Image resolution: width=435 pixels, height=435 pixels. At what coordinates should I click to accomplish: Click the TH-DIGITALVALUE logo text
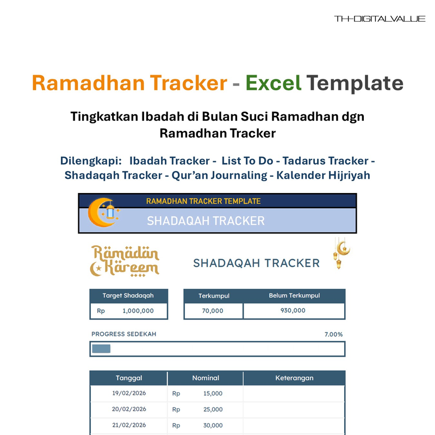(380, 19)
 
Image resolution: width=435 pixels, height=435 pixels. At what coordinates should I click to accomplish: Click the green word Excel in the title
(273, 83)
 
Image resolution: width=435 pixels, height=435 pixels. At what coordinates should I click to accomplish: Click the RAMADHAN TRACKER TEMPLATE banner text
(203, 201)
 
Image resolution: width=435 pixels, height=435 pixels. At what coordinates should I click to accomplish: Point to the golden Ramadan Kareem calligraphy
(125, 260)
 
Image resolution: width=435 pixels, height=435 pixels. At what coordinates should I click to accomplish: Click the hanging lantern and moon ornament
(341, 253)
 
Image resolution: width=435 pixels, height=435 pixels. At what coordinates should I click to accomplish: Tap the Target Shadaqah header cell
(128, 296)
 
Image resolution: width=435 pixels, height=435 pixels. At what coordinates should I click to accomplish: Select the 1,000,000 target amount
(138, 311)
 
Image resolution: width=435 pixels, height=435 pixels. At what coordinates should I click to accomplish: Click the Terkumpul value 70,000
(213, 311)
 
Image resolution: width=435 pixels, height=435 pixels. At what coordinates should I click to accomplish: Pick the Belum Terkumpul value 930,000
(294, 311)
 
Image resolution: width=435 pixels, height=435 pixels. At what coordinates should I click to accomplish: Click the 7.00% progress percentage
(333, 334)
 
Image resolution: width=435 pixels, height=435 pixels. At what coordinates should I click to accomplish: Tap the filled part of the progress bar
(101, 349)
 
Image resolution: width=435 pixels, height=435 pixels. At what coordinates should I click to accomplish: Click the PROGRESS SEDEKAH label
(123, 334)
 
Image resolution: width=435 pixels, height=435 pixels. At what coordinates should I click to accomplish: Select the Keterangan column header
(294, 378)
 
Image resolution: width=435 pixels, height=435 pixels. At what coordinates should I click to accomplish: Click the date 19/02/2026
(129, 393)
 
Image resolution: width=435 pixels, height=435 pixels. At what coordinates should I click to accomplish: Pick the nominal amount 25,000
(213, 409)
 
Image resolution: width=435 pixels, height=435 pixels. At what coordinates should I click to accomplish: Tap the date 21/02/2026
(129, 425)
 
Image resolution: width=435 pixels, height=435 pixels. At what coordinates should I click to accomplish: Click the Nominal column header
(206, 378)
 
